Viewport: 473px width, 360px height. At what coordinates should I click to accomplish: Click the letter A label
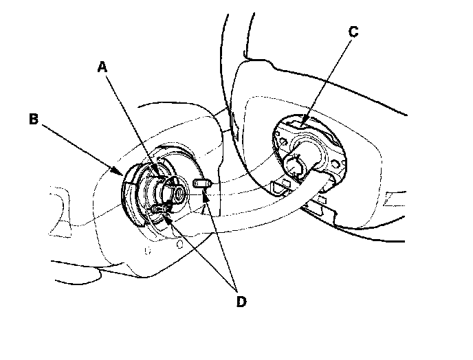coord(102,67)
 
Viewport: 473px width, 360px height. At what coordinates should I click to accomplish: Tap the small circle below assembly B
coord(178,243)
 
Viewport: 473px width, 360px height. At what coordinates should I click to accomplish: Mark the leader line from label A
coord(131,120)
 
